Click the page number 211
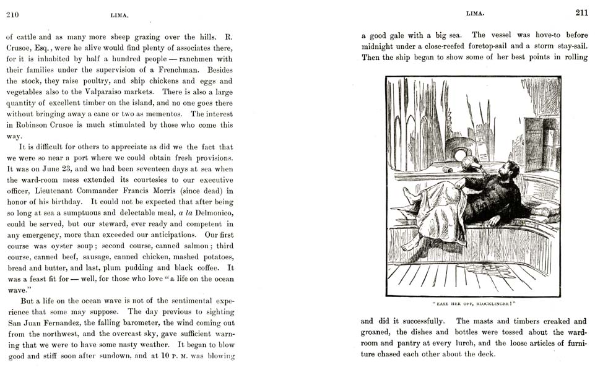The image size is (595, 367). tap(581, 12)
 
